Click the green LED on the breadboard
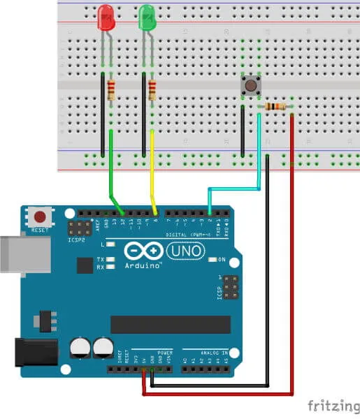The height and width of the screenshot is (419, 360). click(x=147, y=17)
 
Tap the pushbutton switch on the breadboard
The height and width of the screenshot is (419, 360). click(x=250, y=85)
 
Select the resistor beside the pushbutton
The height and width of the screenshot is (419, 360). click(x=276, y=106)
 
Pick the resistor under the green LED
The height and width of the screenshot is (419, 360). click(x=152, y=90)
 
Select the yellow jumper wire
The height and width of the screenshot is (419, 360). click(x=152, y=168)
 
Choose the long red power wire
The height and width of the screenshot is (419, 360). click(x=291, y=279)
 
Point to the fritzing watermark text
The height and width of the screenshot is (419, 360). click(x=332, y=406)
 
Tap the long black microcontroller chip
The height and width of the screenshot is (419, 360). click(x=171, y=324)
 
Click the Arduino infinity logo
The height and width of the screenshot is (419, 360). click(x=143, y=251)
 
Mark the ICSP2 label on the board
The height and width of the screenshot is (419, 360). click(x=77, y=240)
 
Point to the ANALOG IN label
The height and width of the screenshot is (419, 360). click(x=214, y=353)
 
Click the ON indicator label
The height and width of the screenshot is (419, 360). click(x=222, y=260)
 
